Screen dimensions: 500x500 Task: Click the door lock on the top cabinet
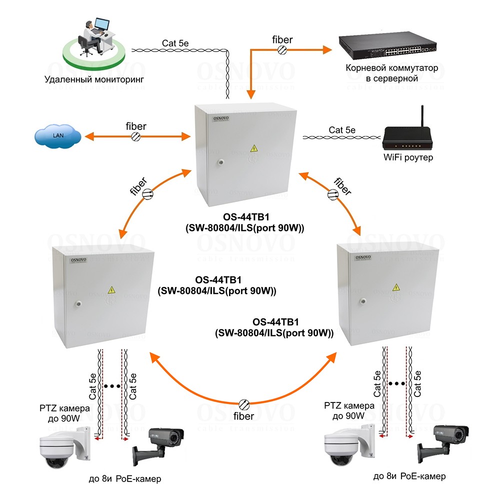pyautogui.click(x=218, y=161)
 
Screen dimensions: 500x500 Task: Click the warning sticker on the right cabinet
pyautogui.click(x=396, y=287)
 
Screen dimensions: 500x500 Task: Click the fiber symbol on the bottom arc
pyautogui.click(x=244, y=404)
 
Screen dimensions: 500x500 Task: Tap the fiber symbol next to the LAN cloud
pyautogui.click(x=135, y=136)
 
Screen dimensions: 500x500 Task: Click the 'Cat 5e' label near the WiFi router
pyautogui.click(x=342, y=130)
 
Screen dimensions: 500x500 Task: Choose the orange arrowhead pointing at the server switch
pyautogui.click(x=327, y=49)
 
